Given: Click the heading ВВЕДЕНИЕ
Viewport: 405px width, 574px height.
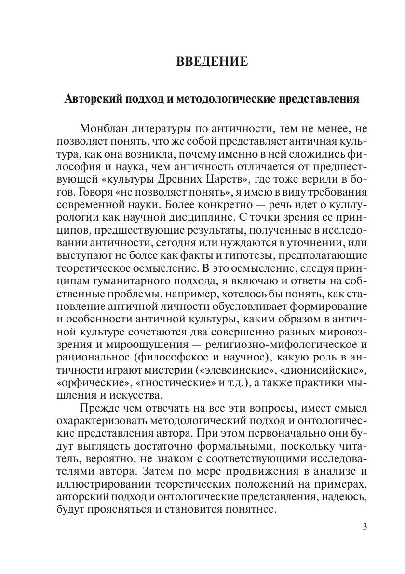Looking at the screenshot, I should [213, 62].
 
